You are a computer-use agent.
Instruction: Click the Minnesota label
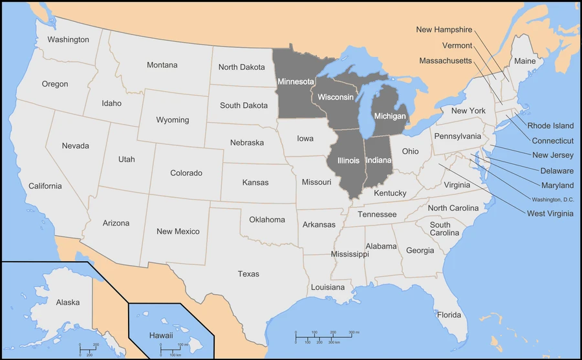(x=296, y=82)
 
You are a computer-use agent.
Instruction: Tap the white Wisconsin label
(x=336, y=97)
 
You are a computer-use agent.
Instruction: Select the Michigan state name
(x=389, y=116)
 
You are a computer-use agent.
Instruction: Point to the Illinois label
(x=349, y=160)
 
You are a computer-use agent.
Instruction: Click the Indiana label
(x=378, y=160)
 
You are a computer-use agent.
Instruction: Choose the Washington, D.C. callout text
(x=553, y=199)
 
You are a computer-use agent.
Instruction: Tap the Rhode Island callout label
(x=550, y=126)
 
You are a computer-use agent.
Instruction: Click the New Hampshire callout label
(x=444, y=30)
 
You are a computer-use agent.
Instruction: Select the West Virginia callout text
(x=550, y=214)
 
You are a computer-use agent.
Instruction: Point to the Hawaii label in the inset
(x=161, y=335)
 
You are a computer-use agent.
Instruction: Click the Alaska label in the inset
(x=68, y=302)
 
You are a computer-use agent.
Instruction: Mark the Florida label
(x=449, y=315)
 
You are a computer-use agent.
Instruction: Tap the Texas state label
(x=248, y=274)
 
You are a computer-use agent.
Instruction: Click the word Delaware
(x=557, y=171)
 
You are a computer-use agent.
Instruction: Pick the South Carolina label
(x=444, y=229)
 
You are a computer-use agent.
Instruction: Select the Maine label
(x=525, y=61)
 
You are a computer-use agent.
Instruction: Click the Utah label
(x=127, y=159)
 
